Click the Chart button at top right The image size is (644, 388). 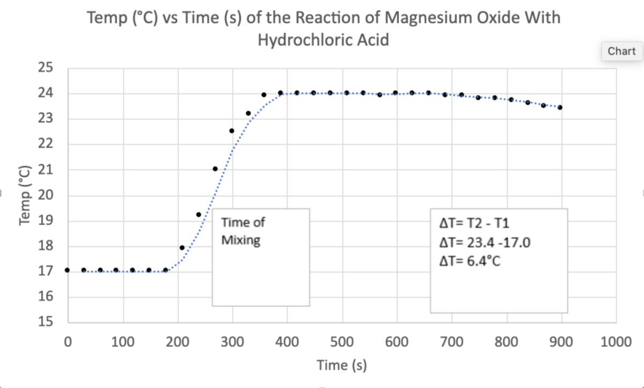click(621, 51)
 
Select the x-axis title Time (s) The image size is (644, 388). click(341, 365)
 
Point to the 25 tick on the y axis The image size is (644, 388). click(45, 68)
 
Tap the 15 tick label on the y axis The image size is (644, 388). click(45, 323)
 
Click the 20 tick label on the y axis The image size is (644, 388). click(45, 195)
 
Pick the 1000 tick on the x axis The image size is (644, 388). click(616, 342)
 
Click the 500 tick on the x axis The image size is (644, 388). click(341, 342)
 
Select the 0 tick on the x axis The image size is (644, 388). click(67, 342)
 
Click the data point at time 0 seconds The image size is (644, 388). click(67, 270)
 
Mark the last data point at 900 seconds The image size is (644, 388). click(560, 107)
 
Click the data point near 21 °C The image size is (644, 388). click(215, 169)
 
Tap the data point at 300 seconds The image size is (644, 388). click(232, 131)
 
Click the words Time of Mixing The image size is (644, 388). click(243, 231)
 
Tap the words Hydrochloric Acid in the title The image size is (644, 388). click(324, 40)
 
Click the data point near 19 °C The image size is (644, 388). click(199, 215)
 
